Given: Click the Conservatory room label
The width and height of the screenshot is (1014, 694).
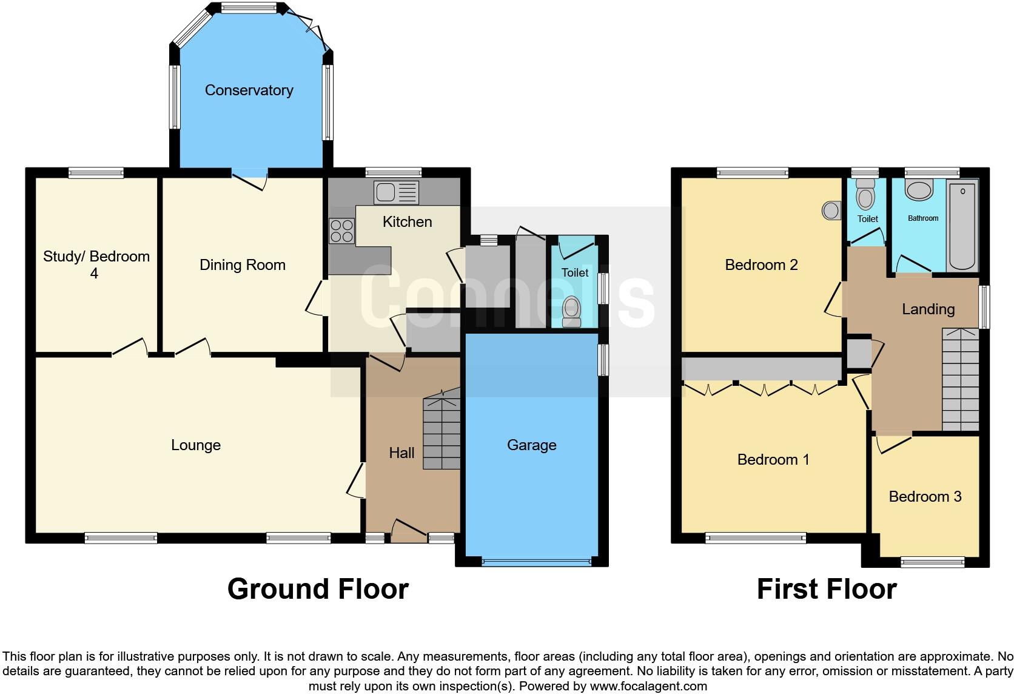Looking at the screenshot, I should [249, 90].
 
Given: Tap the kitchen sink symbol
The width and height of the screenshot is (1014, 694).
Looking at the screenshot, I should [396, 192].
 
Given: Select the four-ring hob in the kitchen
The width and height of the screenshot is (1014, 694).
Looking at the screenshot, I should [341, 231].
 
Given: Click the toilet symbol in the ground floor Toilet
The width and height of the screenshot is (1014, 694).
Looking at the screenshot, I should [571, 311].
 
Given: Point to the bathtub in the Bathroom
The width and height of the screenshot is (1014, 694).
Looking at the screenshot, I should [962, 225].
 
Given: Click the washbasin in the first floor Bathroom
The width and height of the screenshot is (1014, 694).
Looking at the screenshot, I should [920, 190].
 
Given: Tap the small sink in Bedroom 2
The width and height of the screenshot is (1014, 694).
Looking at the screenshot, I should [831, 211].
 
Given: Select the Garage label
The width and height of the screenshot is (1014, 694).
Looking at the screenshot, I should [531, 445].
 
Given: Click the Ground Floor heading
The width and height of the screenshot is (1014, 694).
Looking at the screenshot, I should [318, 589].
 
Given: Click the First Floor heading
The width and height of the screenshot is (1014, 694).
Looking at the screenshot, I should [827, 589].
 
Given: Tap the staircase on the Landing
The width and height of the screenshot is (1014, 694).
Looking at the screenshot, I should [961, 379].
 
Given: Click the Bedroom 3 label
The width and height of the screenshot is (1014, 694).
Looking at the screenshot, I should [925, 497].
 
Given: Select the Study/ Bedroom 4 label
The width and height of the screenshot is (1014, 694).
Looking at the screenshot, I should [96, 264].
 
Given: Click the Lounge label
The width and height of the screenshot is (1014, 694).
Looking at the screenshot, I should [195, 445].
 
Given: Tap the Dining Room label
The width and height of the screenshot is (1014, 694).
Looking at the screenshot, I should [242, 265].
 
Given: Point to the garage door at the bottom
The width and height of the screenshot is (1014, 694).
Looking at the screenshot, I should [536, 562].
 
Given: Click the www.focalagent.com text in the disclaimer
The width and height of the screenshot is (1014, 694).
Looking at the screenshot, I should [648, 687].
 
